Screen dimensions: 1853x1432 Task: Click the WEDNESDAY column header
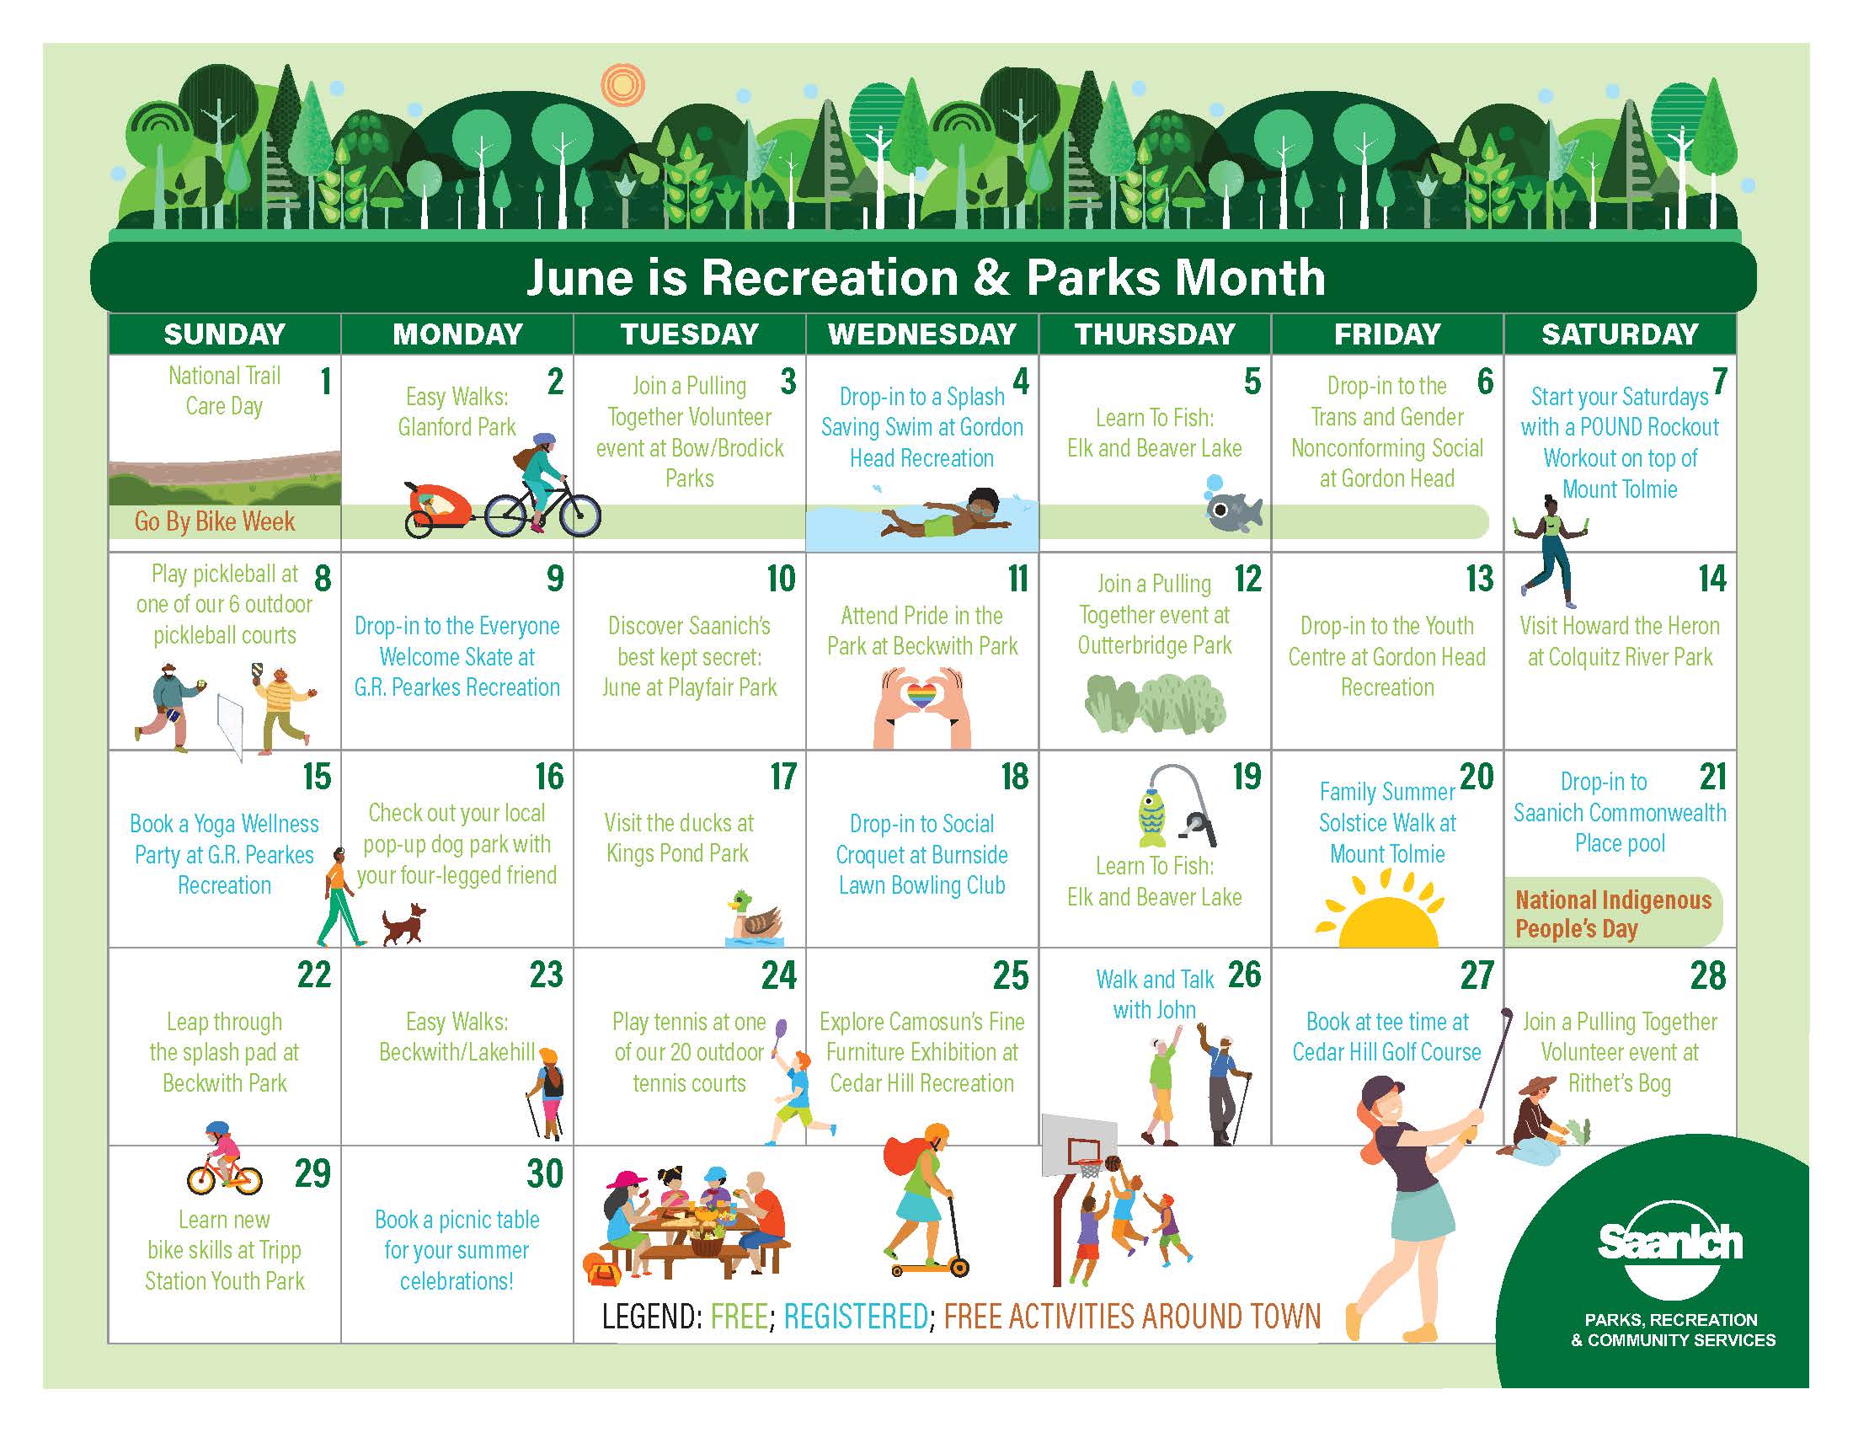(922, 334)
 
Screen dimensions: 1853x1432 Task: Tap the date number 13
(1480, 580)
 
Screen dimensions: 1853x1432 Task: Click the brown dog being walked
(403, 924)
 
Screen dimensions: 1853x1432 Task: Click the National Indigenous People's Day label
(1613, 914)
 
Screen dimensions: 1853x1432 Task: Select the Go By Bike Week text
(215, 521)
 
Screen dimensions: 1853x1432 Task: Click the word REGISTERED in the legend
(855, 1317)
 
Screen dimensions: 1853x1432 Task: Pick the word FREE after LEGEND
(739, 1317)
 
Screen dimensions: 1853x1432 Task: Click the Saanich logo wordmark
(1669, 1242)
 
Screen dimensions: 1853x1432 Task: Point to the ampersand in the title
(991, 277)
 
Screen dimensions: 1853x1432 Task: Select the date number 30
(545, 1174)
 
